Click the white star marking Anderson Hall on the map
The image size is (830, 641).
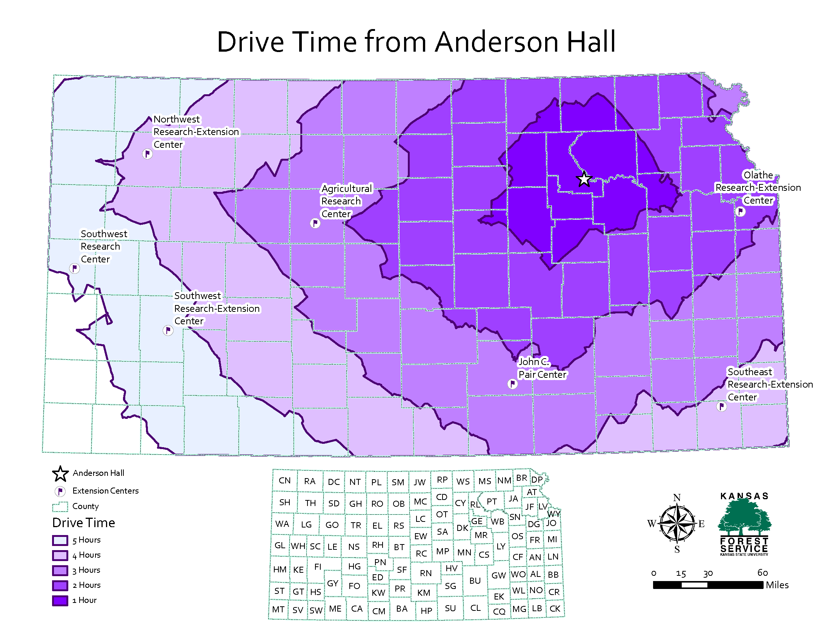click(x=584, y=179)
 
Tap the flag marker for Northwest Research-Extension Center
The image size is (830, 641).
click(x=147, y=154)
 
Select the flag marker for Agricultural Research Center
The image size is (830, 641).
click(x=315, y=223)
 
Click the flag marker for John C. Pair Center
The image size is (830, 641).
click(x=512, y=384)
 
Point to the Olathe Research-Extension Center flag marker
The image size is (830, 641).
click(x=740, y=212)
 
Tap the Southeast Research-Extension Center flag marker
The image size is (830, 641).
click(x=721, y=406)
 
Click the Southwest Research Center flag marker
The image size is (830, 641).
click(x=74, y=268)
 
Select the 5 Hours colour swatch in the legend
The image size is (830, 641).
click(x=60, y=540)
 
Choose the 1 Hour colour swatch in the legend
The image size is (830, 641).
click(x=60, y=600)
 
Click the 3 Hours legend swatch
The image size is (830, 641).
click(x=60, y=570)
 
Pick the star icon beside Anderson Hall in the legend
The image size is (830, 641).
click(x=60, y=474)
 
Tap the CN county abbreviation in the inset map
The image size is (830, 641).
click(x=284, y=480)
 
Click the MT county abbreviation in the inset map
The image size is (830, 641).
click(x=278, y=609)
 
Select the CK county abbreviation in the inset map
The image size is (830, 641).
click(x=555, y=609)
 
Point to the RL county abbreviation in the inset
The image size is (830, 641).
click(x=475, y=505)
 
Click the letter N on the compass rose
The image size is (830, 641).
click(x=677, y=497)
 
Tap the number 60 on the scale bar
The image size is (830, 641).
click(x=762, y=573)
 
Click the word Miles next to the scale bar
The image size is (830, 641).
click(x=777, y=585)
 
